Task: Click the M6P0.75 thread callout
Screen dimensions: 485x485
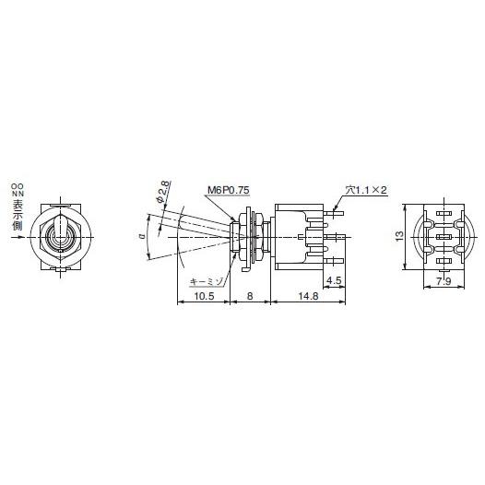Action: [228, 191]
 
